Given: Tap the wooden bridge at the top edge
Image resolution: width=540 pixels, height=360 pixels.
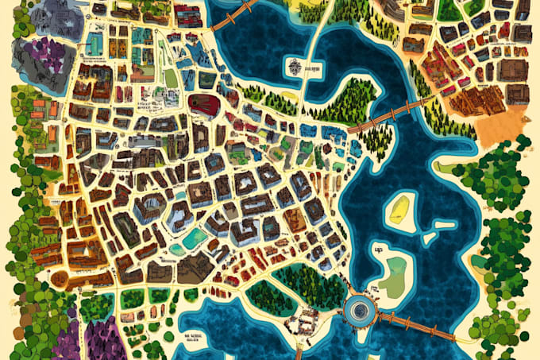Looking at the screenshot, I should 232,14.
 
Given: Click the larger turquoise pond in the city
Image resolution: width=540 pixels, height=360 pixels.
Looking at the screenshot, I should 194,238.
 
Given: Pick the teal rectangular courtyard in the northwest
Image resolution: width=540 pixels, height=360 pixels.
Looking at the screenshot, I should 141,36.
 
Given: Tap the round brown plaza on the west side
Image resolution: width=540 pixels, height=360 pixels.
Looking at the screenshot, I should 60,278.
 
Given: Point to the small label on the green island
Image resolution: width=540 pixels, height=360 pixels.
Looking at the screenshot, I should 377,249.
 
